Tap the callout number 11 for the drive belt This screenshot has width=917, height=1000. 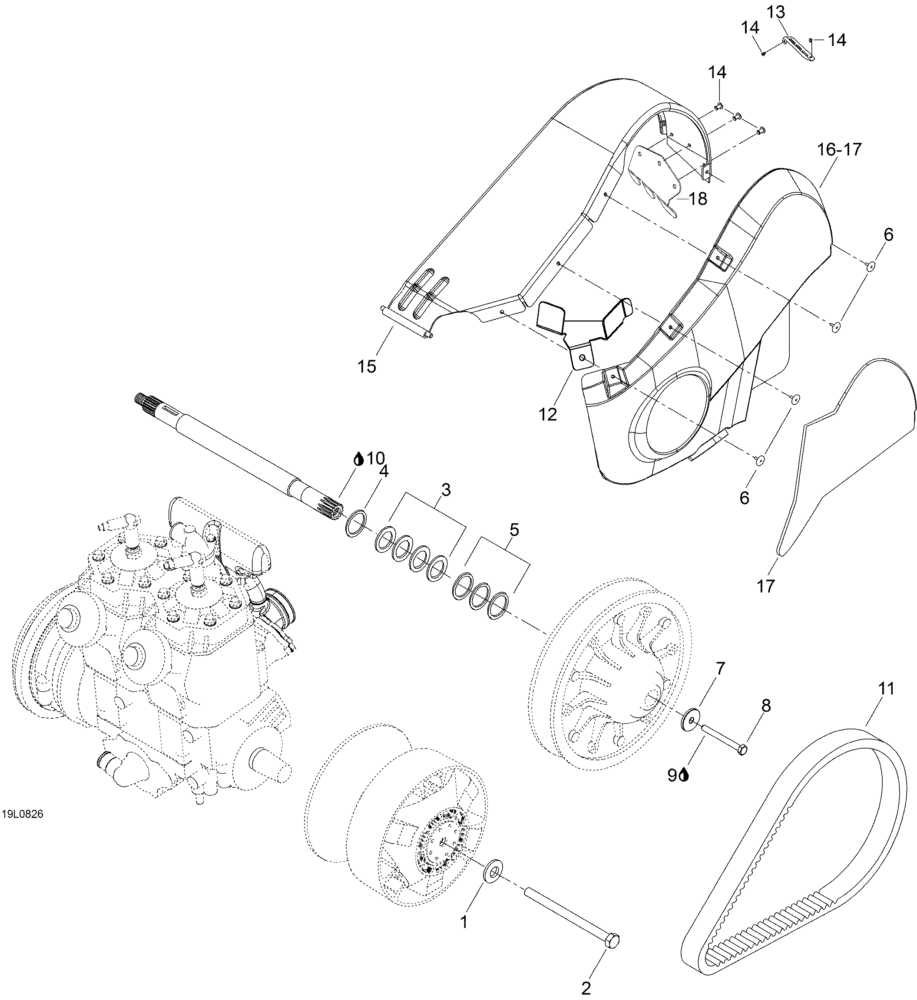click(886, 689)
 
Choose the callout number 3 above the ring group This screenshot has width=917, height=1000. click(446, 490)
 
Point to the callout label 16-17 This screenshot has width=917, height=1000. click(840, 149)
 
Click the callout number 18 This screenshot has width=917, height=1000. click(698, 199)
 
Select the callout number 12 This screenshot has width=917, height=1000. click(548, 414)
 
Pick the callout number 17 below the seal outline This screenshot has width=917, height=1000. click(766, 586)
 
